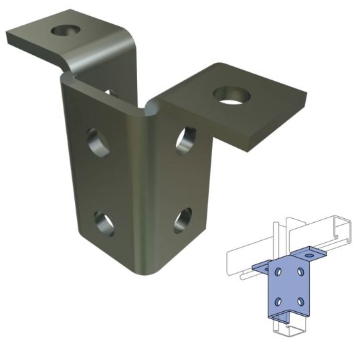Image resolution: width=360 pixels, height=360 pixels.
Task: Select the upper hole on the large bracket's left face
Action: tap(98, 143)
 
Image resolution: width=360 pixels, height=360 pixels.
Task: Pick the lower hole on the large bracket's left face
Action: tap(104, 223)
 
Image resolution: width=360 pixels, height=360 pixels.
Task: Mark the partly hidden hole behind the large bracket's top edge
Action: tap(111, 92)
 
